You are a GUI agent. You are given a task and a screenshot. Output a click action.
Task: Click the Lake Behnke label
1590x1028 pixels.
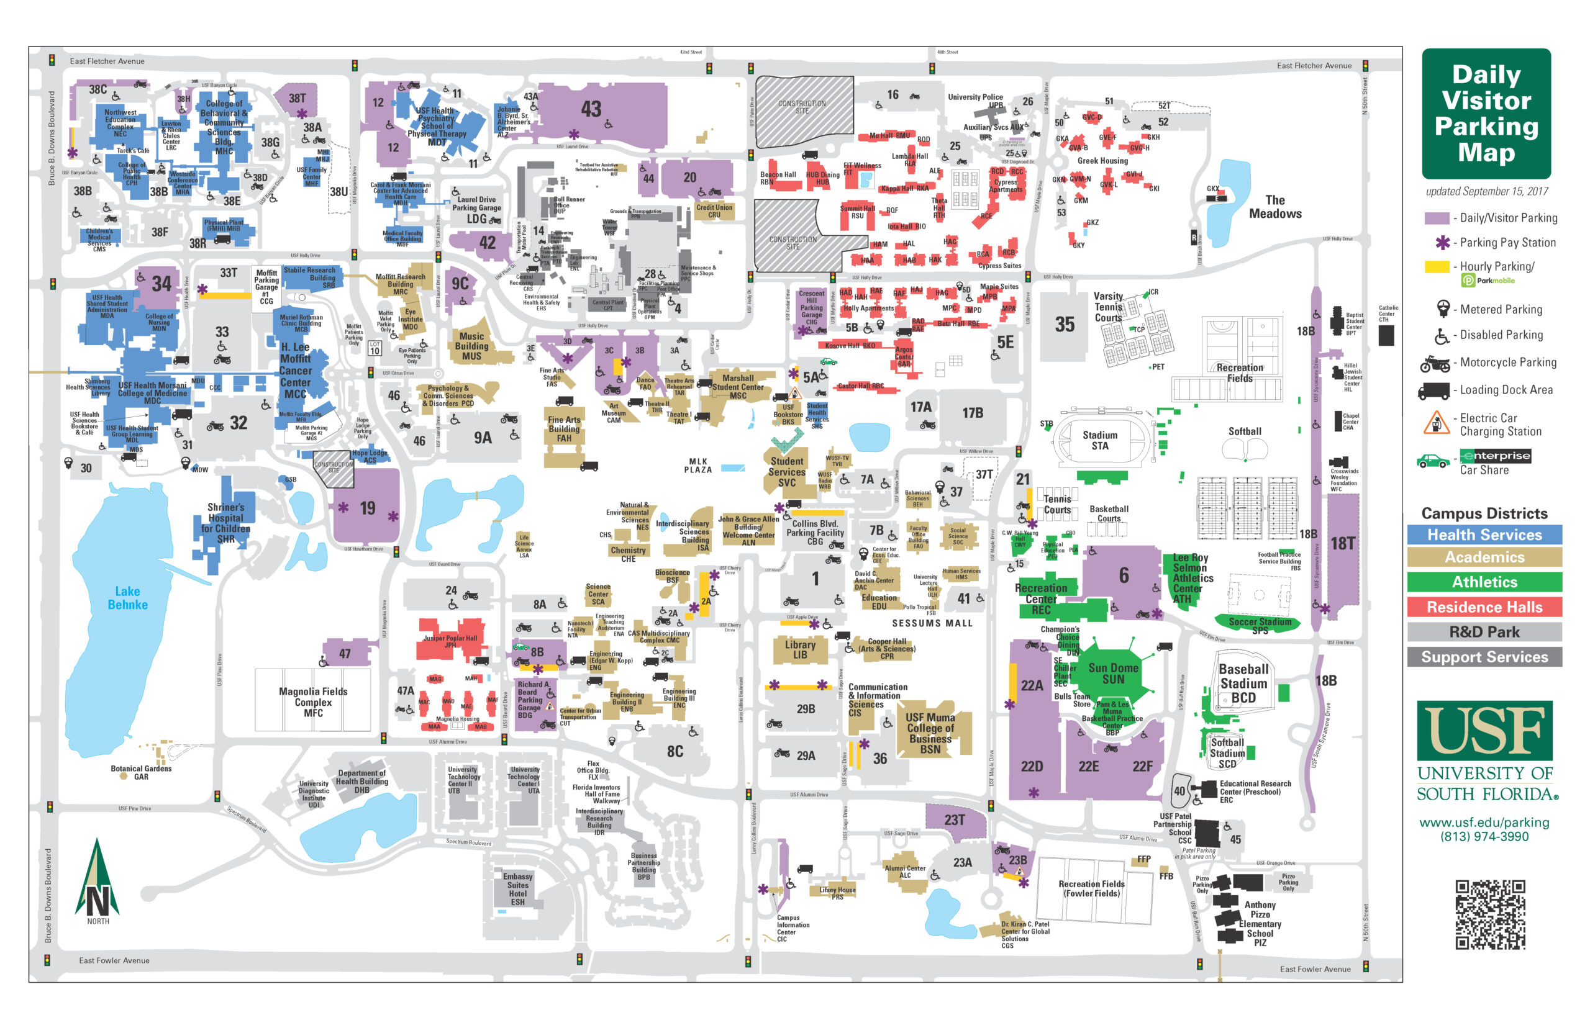(127, 597)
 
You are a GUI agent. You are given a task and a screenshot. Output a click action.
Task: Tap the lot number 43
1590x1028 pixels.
(591, 109)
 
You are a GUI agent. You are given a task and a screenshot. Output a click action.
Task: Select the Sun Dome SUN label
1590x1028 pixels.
(1112, 673)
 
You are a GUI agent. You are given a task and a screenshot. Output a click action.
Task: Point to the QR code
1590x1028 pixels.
(1490, 914)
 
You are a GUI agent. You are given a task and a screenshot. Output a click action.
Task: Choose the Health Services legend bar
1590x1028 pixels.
(1484, 534)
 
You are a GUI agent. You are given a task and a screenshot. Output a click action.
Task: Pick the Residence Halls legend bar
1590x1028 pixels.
(1484, 606)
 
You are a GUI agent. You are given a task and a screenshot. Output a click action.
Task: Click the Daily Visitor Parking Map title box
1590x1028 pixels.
(1486, 114)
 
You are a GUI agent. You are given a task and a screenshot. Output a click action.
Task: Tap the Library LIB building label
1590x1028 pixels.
(799, 649)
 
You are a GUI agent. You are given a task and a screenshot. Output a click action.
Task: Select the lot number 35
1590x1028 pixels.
(1065, 325)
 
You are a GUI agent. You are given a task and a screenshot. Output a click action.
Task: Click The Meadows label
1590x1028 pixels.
(1275, 207)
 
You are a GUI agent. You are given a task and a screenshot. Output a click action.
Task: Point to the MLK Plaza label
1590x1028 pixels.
(698, 466)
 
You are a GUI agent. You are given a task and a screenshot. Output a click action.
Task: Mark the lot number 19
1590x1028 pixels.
(367, 508)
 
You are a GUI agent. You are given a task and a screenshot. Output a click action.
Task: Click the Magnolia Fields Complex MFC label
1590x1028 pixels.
(313, 701)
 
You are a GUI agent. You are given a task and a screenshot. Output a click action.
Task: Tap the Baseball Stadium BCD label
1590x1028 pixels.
(1243, 683)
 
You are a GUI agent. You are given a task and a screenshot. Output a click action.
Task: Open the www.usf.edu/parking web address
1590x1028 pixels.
(1484, 823)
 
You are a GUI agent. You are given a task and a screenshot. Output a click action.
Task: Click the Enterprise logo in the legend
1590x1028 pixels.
(1494, 456)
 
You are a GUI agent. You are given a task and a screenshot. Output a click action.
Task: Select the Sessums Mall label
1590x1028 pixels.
(932, 623)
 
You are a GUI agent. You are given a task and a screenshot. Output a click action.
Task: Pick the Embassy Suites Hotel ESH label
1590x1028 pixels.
(517, 888)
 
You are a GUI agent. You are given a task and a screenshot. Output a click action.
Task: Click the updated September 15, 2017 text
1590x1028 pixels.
(1486, 192)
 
